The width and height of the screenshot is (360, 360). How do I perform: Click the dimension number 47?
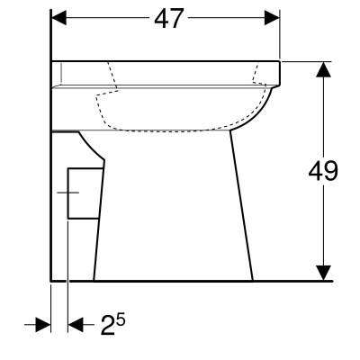166,19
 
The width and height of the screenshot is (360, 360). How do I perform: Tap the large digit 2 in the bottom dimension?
108,325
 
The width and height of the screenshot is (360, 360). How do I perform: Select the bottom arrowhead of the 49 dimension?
322,271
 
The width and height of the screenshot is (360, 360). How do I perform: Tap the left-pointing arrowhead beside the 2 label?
76,324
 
